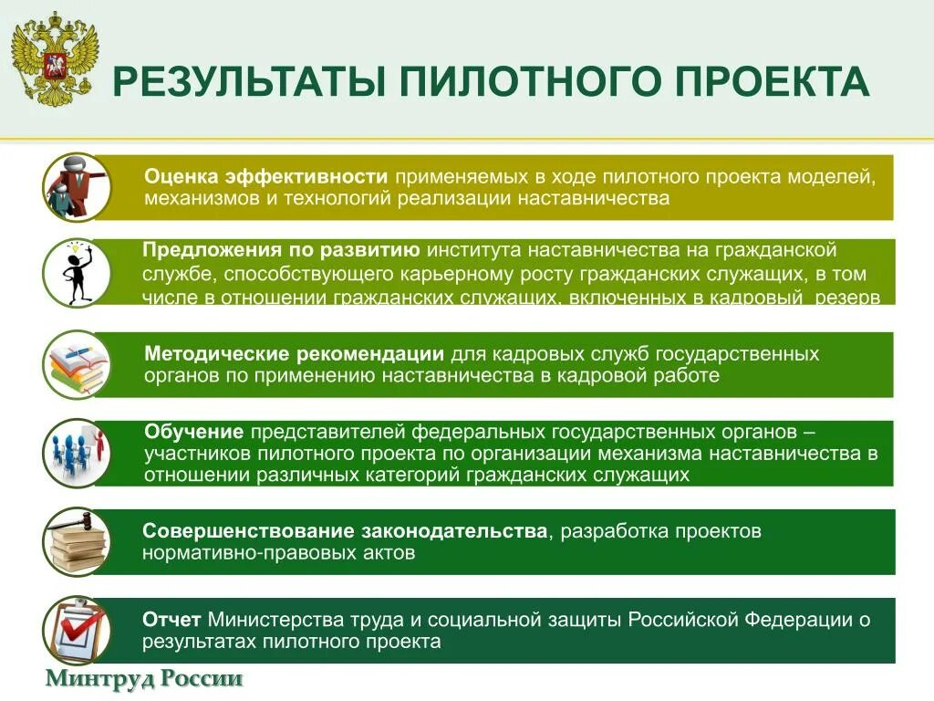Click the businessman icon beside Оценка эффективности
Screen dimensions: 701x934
77,187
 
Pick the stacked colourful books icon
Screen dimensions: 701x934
77,364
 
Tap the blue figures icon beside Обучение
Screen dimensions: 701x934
77,453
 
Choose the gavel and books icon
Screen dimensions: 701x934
77,542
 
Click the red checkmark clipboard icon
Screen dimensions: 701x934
77,630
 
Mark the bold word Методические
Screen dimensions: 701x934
215,353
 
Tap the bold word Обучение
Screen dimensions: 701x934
193,432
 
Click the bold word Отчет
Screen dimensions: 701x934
172,620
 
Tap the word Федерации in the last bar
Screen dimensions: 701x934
797,620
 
